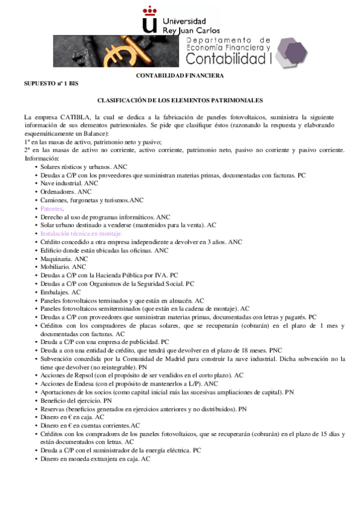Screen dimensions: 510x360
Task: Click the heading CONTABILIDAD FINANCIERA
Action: point(180,76)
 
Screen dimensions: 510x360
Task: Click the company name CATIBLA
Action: point(75,116)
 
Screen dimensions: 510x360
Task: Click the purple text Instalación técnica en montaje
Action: point(81,233)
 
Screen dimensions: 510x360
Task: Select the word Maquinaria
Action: point(55,258)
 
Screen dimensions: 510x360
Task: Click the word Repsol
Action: point(82,375)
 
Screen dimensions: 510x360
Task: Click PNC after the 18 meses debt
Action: point(275,349)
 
